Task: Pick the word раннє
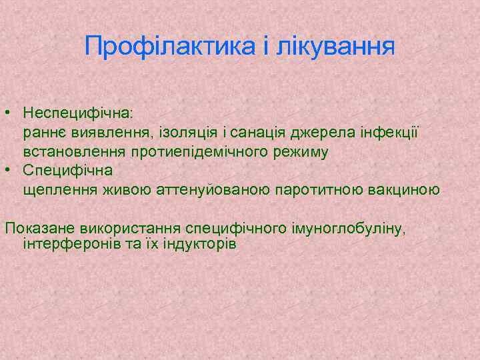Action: click(x=44, y=133)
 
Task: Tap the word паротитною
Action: click(x=318, y=190)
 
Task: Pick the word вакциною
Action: click(x=403, y=190)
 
